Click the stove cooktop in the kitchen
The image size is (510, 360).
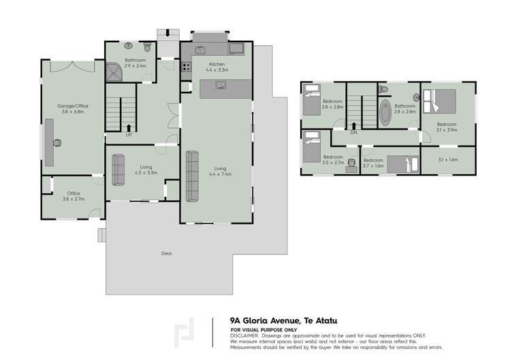[x=185, y=67]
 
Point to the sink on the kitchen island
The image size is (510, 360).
[x=220, y=85]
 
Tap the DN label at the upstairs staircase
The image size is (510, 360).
[x=353, y=132]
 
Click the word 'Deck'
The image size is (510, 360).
[x=166, y=253]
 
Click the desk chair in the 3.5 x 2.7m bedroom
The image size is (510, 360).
[x=351, y=163]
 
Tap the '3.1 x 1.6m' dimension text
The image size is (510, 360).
[x=447, y=160]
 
